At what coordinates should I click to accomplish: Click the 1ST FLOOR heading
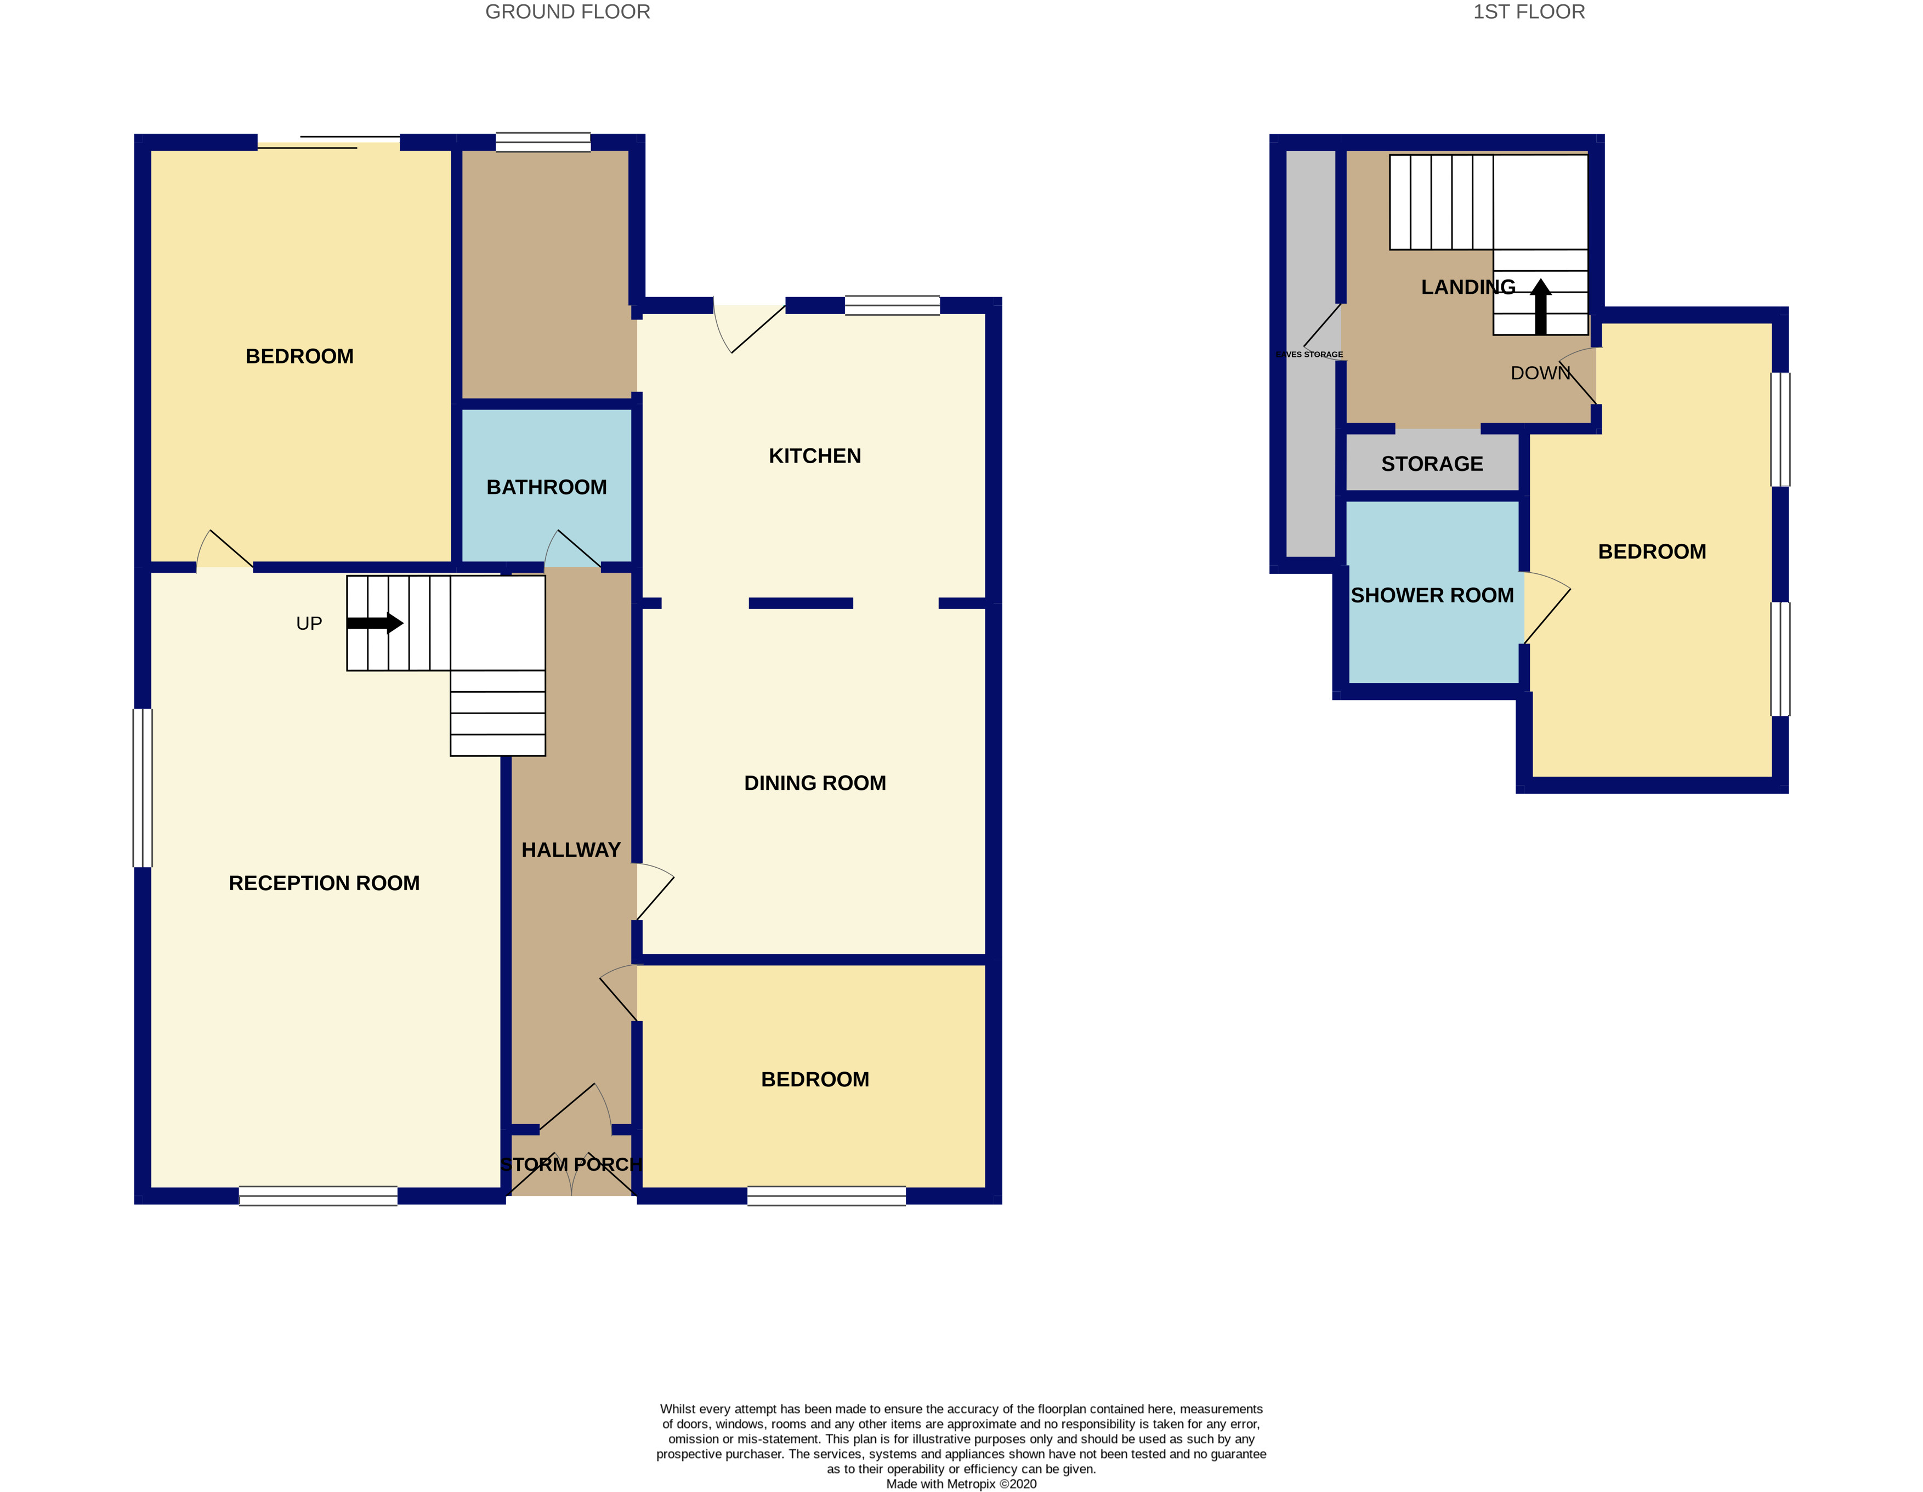[1529, 12]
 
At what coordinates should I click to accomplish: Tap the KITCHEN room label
[814, 456]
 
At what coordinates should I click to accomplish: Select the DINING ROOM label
[814, 783]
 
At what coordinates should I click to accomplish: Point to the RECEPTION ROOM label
[324, 883]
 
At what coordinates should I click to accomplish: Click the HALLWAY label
[571, 850]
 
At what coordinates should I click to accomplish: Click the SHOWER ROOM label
[1432, 595]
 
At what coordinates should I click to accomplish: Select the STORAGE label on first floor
[1432, 464]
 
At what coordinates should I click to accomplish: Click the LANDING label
[1468, 287]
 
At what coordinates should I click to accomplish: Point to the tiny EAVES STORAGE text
[1309, 355]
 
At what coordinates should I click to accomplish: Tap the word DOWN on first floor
[1540, 373]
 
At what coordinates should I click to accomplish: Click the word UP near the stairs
[309, 623]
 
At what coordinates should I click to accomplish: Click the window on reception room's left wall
[143, 788]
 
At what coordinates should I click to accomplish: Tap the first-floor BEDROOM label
[1652, 552]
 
